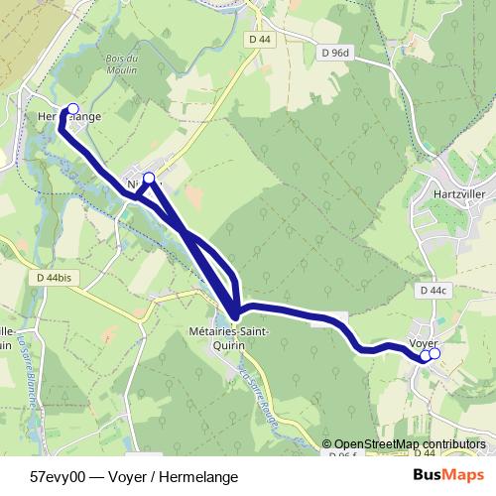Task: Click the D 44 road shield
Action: tap(260, 39)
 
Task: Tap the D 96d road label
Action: tap(334, 53)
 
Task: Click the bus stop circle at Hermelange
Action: tap(71, 109)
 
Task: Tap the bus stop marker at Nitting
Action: tap(150, 179)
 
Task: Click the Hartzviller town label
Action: tap(457, 194)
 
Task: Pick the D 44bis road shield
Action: tap(52, 279)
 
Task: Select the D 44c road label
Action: tap(434, 291)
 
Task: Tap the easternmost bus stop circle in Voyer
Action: tap(434, 353)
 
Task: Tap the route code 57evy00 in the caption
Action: tap(57, 476)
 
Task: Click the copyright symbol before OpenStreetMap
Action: tap(328, 444)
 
